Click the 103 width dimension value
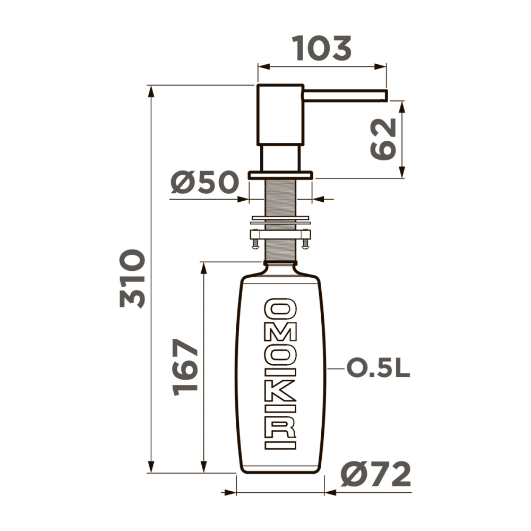[322, 49]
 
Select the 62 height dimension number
[384, 139]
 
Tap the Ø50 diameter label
[204, 184]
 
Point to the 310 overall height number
[132, 278]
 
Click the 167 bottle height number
[186, 367]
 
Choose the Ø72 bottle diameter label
[376, 474]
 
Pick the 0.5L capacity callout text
[378, 368]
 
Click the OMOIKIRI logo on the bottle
[280, 373]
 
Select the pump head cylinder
[280, 114]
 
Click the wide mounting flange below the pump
[280, 175]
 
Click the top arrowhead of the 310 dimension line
[151, 90]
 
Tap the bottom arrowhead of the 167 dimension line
[203, 467]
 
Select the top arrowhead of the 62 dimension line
[402, 105]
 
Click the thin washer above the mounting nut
[280, 219]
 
